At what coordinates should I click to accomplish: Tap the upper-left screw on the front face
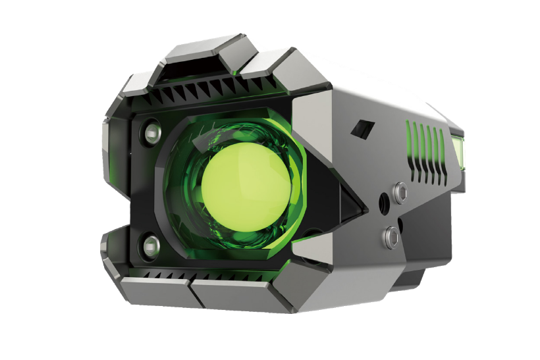click(151, 131)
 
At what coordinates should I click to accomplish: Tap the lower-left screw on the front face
click(150, 244)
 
